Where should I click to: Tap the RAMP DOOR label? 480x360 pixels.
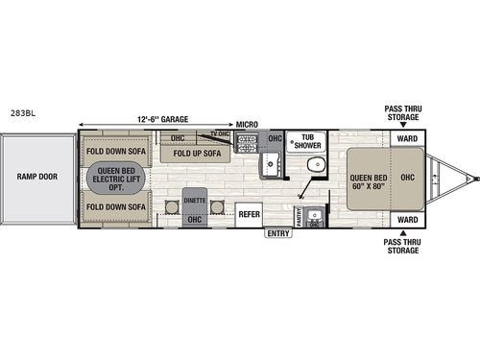(x=36, y=177)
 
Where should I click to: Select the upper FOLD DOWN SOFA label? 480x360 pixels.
(x=115, y=152)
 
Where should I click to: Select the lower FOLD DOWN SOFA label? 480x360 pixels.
(x=115, y=205)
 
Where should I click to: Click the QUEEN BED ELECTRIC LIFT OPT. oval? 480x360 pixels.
(x=115, y=179)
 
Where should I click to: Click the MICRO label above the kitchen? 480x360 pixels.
(x=248, y=124)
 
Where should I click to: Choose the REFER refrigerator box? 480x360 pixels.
(x=250, y=213)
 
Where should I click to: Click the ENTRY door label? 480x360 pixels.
(x=278, y=232)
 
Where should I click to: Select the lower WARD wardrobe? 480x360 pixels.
(x=407, y=219)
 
